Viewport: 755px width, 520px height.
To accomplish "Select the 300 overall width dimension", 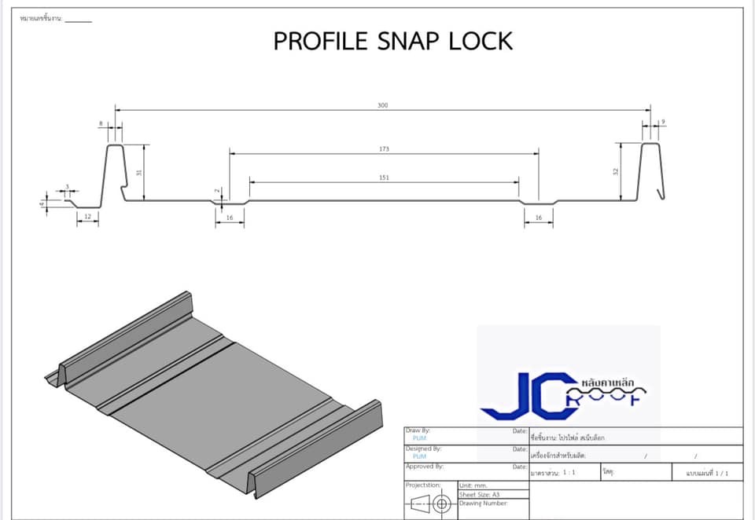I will coord(383,104).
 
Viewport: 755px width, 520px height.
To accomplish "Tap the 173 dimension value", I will coord(384,148).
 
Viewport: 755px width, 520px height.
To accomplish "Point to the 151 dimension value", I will coord(384,178).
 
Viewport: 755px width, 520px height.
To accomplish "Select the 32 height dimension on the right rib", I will coord(616,171).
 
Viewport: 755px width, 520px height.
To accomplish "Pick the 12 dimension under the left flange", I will coord(87,215).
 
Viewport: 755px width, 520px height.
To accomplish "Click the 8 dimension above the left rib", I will coord(101,123).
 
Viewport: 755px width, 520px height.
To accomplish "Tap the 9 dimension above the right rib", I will coord(664,122).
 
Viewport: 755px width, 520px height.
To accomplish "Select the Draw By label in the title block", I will coord(418,430).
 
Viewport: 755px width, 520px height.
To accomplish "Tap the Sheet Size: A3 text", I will coord(479,494).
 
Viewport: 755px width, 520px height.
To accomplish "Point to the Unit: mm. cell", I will coord(474,485).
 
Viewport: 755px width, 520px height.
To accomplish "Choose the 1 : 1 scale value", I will coord(567,474).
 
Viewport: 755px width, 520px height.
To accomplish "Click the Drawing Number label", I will coord(483,503).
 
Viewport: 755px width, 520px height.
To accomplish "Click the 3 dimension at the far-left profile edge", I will coord(68,187).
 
